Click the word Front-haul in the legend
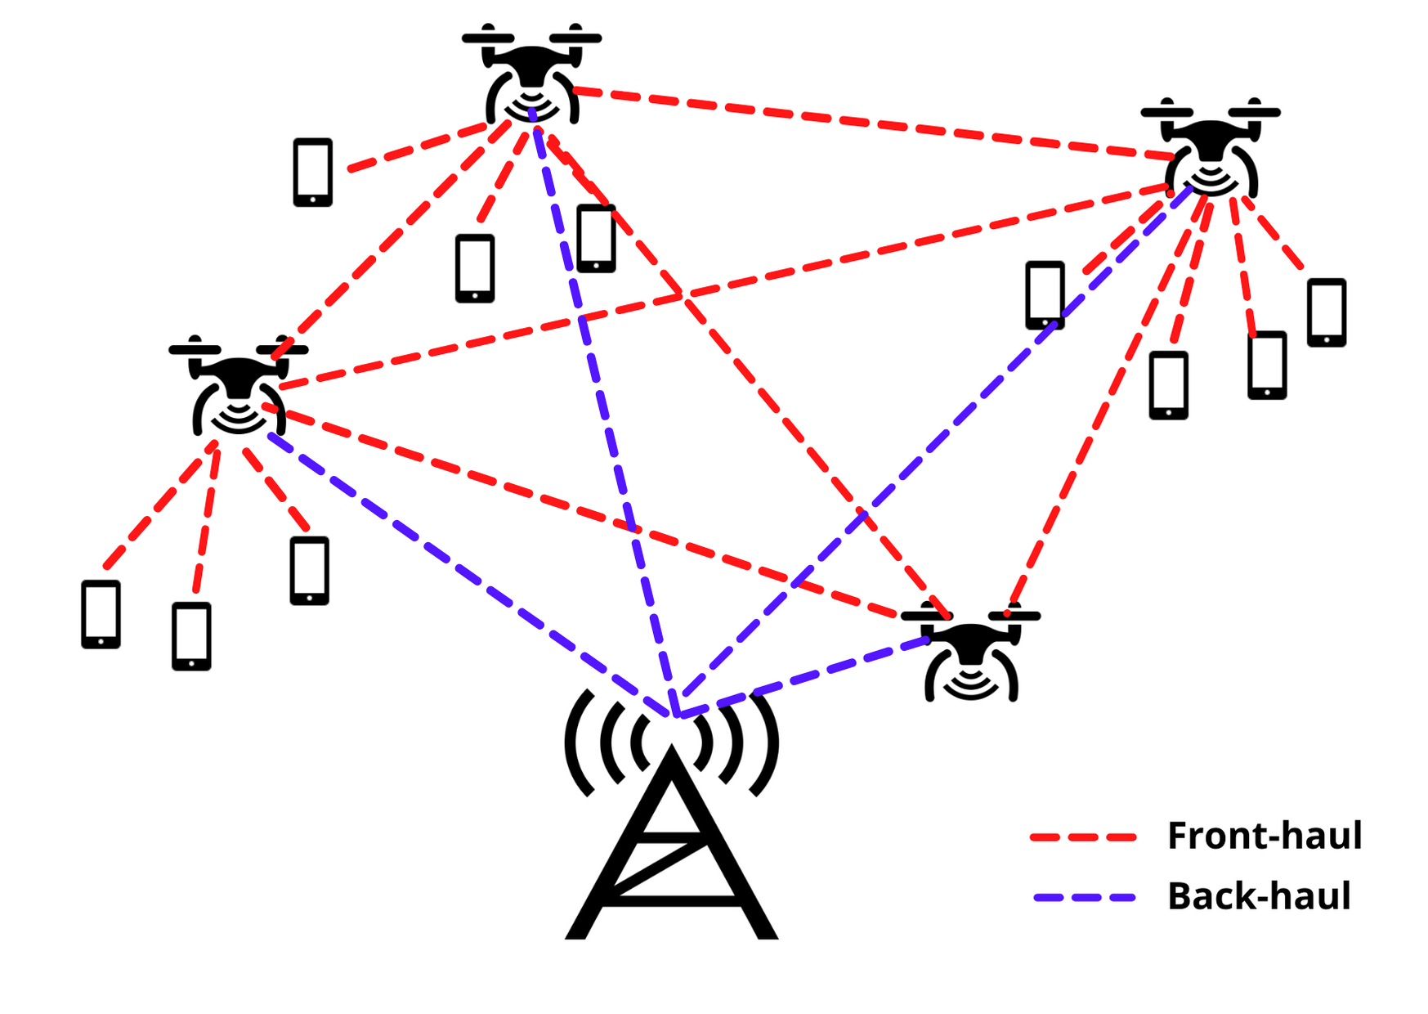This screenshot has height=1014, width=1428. click(x=1264, y=836)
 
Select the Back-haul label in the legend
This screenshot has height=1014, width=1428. click(x=1258, y=896)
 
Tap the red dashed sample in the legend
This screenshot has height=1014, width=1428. click(x=1083, y=837)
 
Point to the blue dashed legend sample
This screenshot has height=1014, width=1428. click(x=1084, y=898)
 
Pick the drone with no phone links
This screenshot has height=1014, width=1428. click(x=970, y=654)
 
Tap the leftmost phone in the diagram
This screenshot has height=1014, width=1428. click(x=101, y=614)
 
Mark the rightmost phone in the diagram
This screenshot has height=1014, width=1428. click(x=1326, y=312)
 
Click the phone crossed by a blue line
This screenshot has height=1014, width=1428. click(x=1045, y=294)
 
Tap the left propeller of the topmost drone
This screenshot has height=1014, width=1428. click(x=488, y=38)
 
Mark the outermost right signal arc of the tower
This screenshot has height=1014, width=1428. click(x=769, y=744)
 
